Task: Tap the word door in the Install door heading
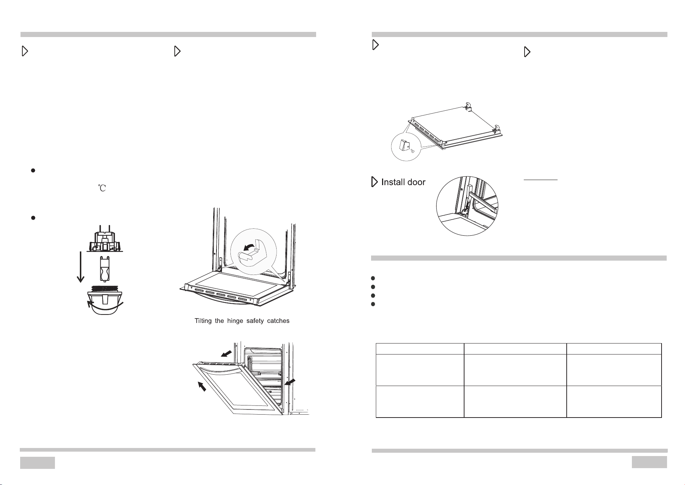tap(417, 182)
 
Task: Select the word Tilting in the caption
tap(203, 321)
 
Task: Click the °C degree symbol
tap(102, 188)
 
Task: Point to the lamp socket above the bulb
tap(105, 241)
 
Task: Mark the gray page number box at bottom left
tap(37, 463)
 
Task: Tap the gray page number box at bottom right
tap(649, 462)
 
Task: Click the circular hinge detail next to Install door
tap(467, 206)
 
